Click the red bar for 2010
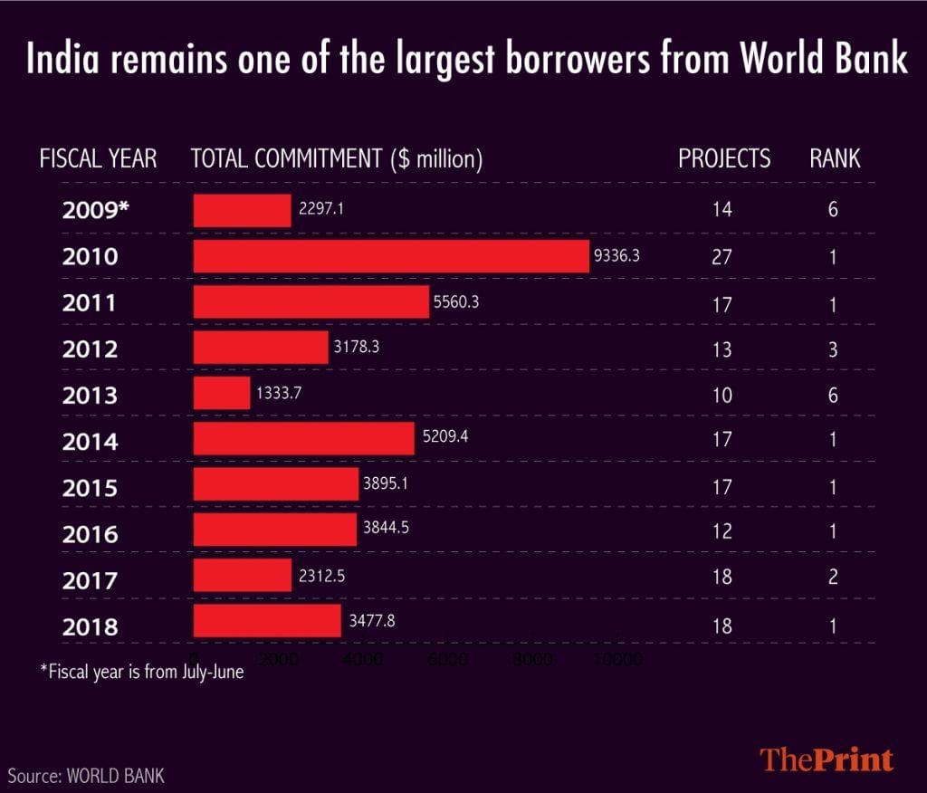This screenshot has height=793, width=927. point(391,256)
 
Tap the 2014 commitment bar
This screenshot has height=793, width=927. point(303,441)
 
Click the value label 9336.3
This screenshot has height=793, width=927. point(616,256)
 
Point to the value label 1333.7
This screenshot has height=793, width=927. point(278,395)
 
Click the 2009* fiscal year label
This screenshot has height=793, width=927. point(96,210)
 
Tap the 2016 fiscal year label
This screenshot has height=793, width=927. point(91,534)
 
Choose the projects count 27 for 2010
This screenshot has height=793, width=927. point(722,256)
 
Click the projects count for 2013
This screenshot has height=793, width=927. point(722,396)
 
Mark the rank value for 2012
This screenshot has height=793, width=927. point(833,349)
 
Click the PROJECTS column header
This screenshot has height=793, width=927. point(724,159)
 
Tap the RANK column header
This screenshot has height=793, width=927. point(835,159)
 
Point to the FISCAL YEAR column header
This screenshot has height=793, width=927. point(98,159)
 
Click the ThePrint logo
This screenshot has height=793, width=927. point(827,759)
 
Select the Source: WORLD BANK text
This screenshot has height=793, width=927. point(87,776)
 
